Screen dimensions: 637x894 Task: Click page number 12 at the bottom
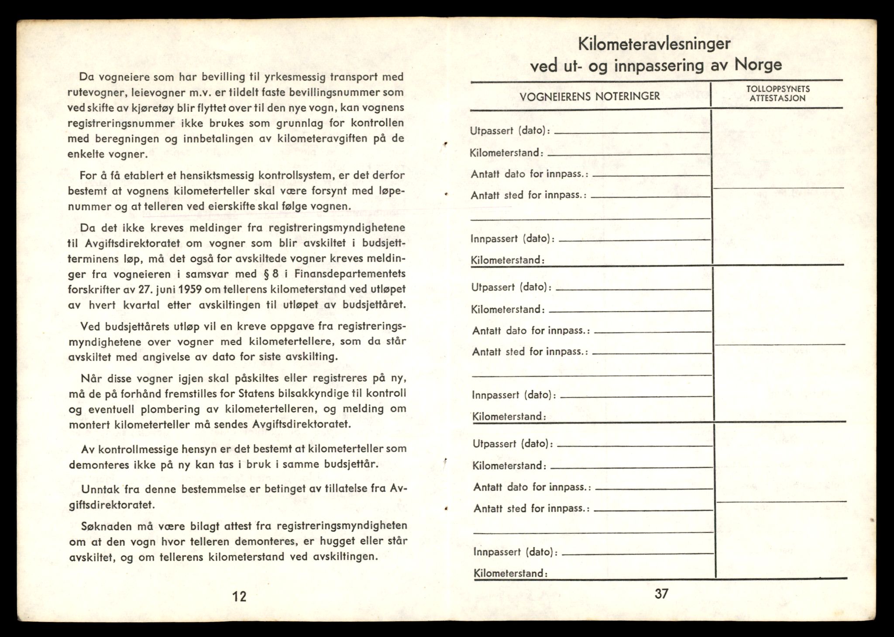(x=239, y=596)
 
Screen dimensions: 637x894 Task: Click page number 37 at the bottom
(x=661, y=594)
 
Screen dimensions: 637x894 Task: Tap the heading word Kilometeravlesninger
(x=654, y=44)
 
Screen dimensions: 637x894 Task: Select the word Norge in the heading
(x=758, y=65)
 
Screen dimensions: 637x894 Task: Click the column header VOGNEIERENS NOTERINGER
(x=590, y=96)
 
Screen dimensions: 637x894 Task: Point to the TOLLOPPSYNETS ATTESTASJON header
(x=777, y=93)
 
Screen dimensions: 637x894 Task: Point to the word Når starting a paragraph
(x=91, y=378)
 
